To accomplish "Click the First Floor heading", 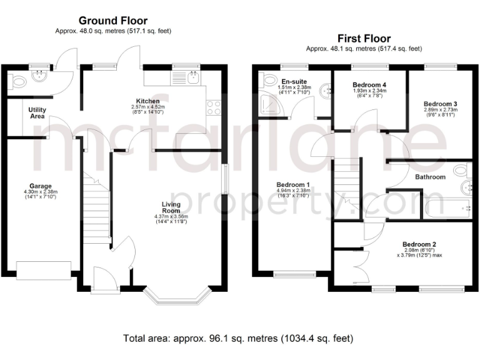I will point(364,38).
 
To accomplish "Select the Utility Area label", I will point(37,112).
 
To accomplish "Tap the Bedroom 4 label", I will point(369,84).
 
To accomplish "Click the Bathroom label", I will point(431,177).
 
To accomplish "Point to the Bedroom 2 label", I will point(419,244).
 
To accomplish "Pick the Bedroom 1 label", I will point(293,184).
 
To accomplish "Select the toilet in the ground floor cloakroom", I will point(17,80).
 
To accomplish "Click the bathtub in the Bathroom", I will point(447,207).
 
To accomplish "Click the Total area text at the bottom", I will point(238,338).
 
